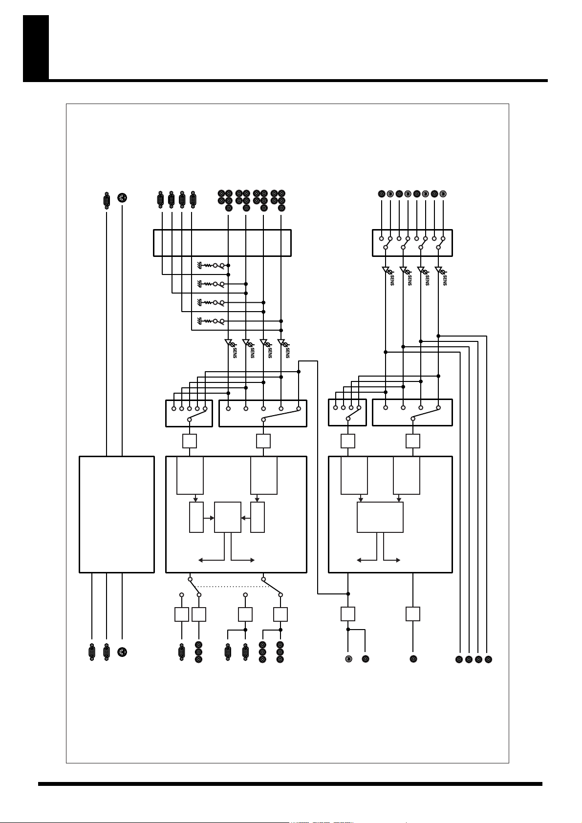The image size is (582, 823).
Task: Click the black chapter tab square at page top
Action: [36, 47]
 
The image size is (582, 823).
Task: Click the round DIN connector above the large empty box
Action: [122, 198]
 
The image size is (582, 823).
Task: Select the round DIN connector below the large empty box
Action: [122, 652]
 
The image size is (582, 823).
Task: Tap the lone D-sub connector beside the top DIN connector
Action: [107, 200]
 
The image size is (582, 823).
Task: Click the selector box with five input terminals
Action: [189, 413]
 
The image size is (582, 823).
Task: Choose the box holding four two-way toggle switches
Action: [412, 243]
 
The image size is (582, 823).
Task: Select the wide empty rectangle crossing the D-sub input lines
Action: [222, 243]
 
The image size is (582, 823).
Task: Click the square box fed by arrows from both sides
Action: [228, 517]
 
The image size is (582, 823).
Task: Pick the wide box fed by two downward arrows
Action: [380, 517]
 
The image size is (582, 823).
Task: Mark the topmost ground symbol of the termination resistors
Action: [200, 265]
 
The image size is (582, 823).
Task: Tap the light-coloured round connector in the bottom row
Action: [348, 659]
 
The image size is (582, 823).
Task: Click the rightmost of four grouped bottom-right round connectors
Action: [488, 659]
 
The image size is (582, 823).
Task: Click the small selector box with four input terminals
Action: [347, 413]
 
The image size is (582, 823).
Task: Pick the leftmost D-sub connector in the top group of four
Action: [160, 200]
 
